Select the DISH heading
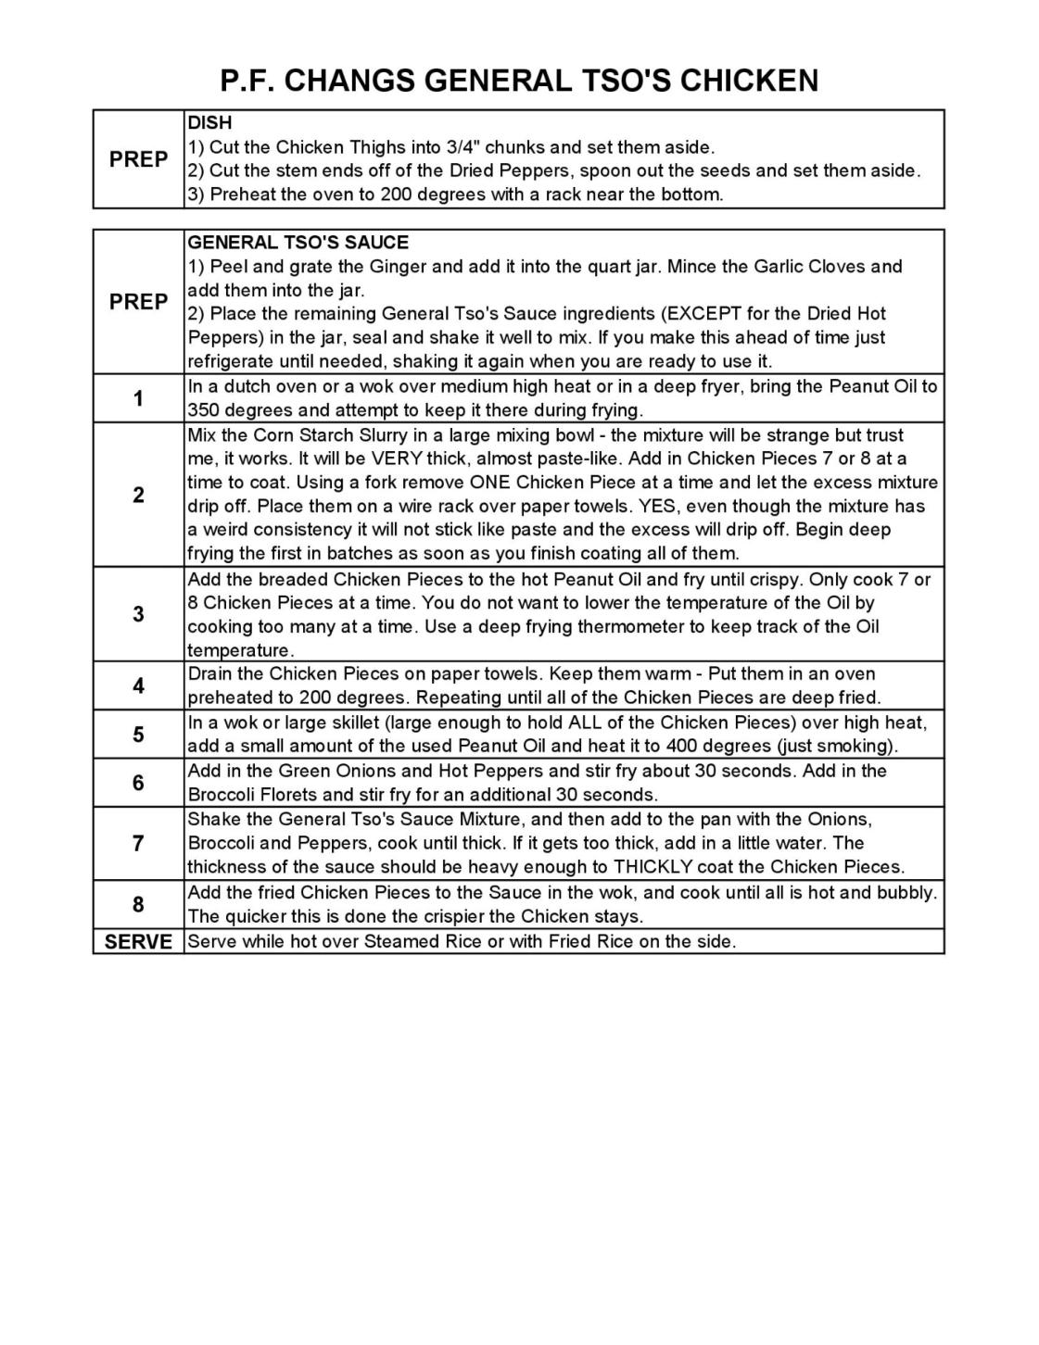tap(209, 122)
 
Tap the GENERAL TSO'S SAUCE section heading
tap(298, 243)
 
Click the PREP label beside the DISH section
tap(138, 159)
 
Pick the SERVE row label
tap(138, 942)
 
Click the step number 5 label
tap(138, 735)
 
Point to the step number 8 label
tap(138, 904)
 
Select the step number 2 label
tap(138, 495)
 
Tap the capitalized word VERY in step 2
tap(397, 459)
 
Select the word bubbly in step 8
tap(906, 893)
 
